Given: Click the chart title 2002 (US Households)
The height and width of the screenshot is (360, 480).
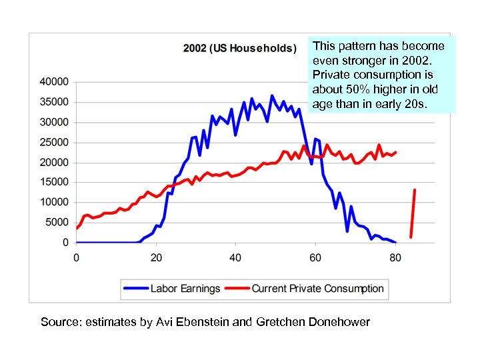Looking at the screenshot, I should pyautogui.click(x=240, y=49).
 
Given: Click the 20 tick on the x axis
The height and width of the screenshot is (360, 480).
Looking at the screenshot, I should pyautogui.click(x=156, y=257).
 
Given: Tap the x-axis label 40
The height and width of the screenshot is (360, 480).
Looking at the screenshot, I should pyautogui.click(x=235, y=257).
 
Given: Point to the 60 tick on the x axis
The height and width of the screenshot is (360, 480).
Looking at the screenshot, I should pyautogui.click(x=315, y=257).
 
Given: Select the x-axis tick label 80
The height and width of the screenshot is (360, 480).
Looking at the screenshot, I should pyautogui.click(x=395, y=257).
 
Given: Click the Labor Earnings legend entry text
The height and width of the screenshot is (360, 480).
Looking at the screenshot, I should pyautogui.click(x=185, y=289).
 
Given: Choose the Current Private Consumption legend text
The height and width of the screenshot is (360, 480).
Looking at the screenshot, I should pyautogui.click(x=317, y=289).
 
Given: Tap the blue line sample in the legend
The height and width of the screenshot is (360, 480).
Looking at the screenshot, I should pyautogui.click(x=136, y=289).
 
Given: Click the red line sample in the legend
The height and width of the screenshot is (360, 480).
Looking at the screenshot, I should pyautogui.click(x=237, y=289).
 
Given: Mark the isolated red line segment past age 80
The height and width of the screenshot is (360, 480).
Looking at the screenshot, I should pyautogui.click(x=413, y=213).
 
